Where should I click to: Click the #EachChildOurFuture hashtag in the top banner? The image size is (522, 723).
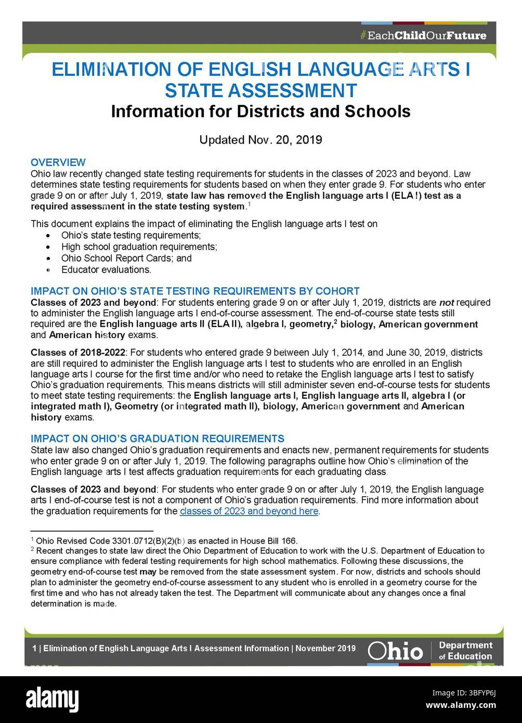[423, 36]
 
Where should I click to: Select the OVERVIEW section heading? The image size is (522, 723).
[58, 162]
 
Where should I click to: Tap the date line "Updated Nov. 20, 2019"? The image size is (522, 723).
[260, 140]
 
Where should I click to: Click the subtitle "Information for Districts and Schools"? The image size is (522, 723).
[260, 111]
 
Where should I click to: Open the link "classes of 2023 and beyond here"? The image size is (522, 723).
[249, 511]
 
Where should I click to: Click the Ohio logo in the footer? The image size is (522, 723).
[395, 651]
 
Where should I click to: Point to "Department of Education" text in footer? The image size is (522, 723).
[465, 651]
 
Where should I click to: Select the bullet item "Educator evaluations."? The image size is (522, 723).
[106, 269]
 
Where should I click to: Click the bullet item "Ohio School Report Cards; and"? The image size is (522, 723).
[126, 258]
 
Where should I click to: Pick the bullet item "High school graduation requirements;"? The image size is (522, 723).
[139, 247]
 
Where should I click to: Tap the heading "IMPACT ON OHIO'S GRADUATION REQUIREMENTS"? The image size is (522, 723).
[158, 438]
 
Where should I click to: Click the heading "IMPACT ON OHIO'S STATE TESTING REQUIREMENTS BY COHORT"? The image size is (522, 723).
[195, 291]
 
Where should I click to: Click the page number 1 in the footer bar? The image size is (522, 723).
[34, 649]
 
